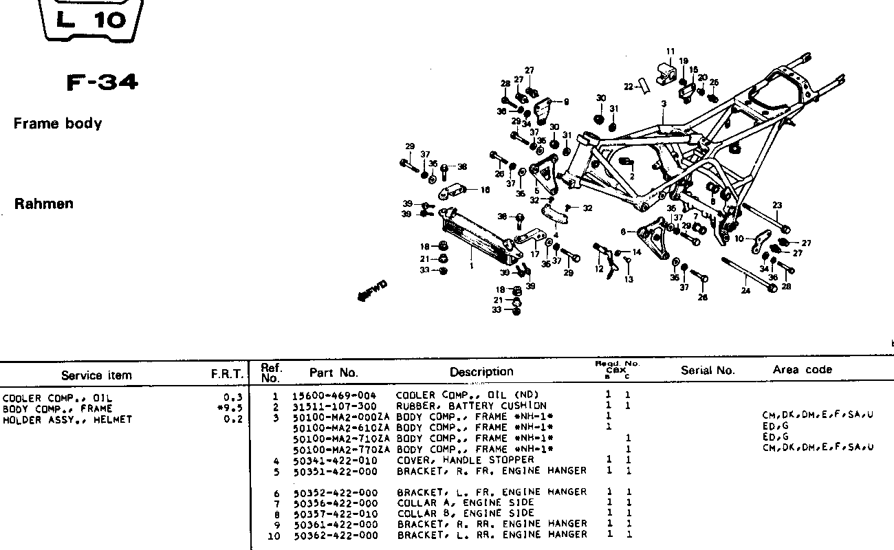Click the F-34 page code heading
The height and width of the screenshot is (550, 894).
(x=102, y=82)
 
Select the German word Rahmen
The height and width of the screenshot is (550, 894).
(x=43, y=204)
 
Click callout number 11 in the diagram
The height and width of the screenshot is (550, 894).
(x=670, y=51)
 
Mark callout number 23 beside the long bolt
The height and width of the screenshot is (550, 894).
(x=777, y=206)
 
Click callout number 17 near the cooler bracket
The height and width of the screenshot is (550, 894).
(x=534, y=254)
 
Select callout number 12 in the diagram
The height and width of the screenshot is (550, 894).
(x=600, y=269)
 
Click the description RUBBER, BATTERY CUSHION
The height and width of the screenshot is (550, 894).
(x=471, y=406)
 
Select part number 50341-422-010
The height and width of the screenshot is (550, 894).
(x=336, y=460)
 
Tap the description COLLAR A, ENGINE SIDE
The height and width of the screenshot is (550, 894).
(x=466, y=503)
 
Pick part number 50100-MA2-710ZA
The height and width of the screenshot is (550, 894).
(x=341, y=438)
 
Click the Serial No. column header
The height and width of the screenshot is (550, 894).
(x=708, y=371)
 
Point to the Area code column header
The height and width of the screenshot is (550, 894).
(x=802, y=370)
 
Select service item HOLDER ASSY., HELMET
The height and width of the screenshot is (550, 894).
(x=67, y=419)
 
